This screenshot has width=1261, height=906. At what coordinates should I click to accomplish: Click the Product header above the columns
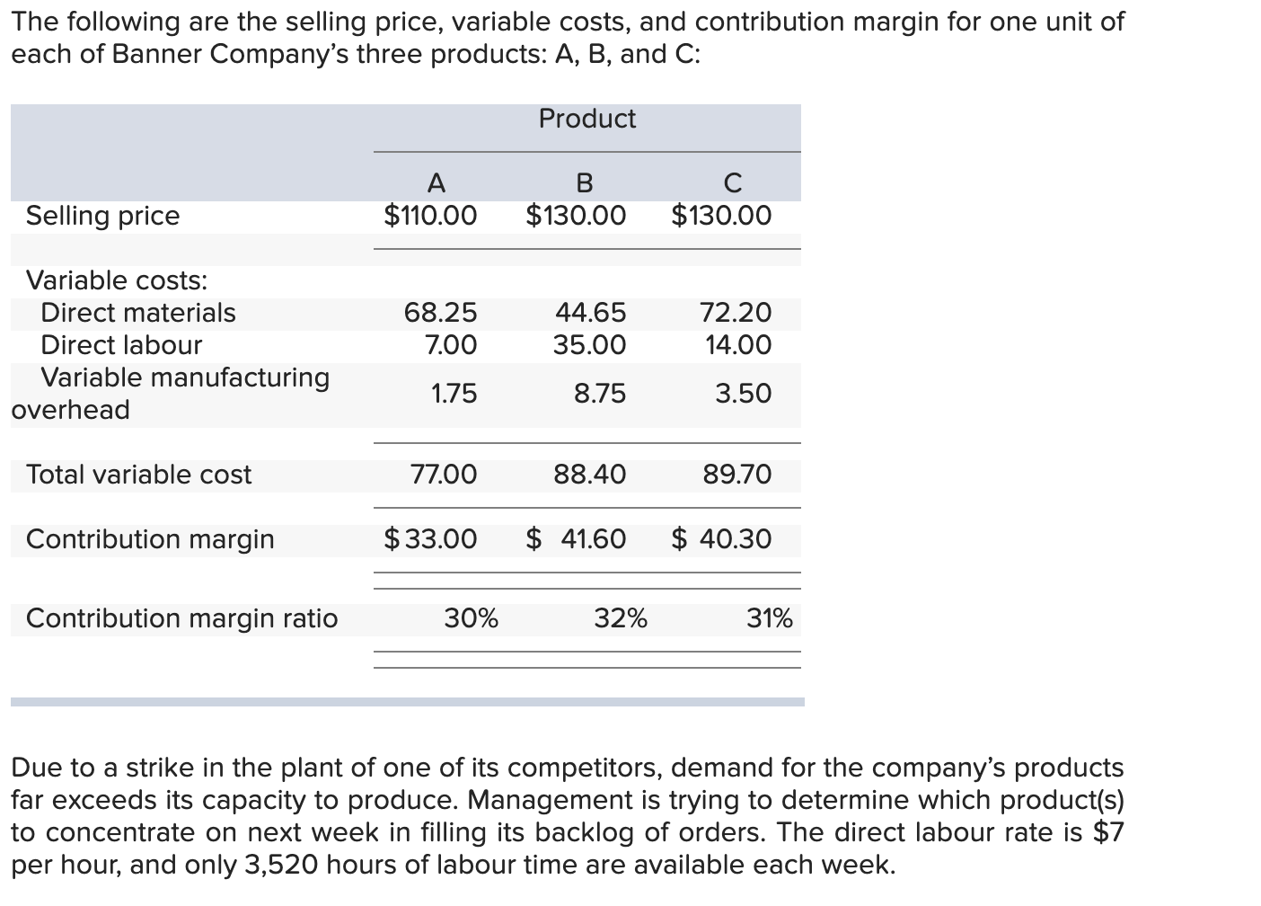coord(586,119)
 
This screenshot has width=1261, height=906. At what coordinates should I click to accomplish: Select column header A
coord(436,183)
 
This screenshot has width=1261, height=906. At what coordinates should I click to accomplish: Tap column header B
coord(584,183)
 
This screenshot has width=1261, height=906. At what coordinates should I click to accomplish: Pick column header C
coord(732,183)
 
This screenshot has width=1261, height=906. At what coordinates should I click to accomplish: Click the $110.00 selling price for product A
coord(430,216)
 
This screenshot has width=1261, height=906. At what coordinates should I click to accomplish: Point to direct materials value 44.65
coord(590,313)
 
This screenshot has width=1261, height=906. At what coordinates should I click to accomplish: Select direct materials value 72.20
coord(735,313)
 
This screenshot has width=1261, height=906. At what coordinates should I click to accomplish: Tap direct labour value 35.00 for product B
coord(589,345)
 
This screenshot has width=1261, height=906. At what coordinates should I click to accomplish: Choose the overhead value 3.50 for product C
coord(743,394)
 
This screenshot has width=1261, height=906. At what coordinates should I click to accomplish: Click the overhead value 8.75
coord(600,394)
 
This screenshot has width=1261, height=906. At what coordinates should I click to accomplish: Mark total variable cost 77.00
coord(444,475)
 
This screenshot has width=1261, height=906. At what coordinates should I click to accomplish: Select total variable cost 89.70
coord(736,475)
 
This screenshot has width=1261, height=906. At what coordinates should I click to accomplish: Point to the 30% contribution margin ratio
coord(472,618)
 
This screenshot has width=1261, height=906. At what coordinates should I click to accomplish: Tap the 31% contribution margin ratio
coord(770,618)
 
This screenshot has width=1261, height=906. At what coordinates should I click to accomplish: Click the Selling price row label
coord(102,216)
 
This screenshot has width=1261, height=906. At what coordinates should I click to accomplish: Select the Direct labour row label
coord(121,345)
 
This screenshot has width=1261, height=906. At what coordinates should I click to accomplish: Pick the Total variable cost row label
coord(138,475)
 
